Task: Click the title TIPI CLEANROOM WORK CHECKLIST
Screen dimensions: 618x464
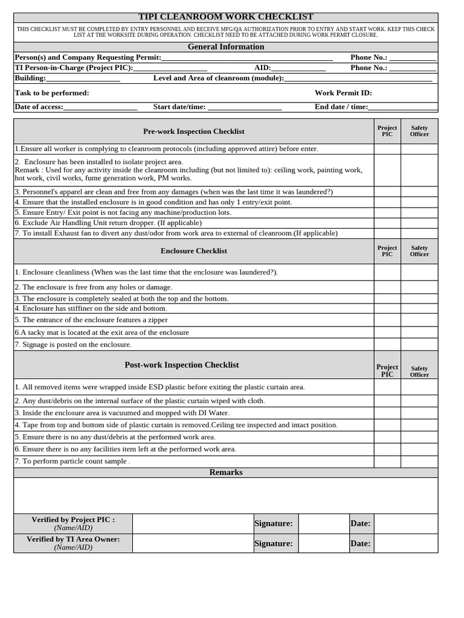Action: [226, 17]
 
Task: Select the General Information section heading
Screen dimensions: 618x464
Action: [226, 46]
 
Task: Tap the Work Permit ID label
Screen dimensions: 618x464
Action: [343, 93]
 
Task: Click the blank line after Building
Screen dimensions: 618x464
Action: [83, 78]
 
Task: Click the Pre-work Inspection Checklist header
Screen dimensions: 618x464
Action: [194, 131]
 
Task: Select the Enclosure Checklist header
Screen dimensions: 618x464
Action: [194, 250]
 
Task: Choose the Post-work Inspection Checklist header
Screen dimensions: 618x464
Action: [182, 365]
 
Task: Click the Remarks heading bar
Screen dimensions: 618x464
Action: [226, 473]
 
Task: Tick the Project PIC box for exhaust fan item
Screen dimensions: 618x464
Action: [387, 233]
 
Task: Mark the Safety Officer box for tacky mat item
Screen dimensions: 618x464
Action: [419, 333]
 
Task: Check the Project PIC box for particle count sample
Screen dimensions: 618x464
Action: [387, 461]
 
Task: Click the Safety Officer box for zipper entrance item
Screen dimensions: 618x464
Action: [419, 320]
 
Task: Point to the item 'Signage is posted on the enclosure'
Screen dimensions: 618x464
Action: [73, 345]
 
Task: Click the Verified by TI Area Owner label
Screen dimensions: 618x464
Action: [73, 539]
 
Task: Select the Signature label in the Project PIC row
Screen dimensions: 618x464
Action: [274, 523]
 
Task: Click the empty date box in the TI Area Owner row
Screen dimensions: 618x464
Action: [406, 543]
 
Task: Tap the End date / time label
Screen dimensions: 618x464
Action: [341, 107]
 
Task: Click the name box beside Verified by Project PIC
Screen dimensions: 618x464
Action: [193, 523]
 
